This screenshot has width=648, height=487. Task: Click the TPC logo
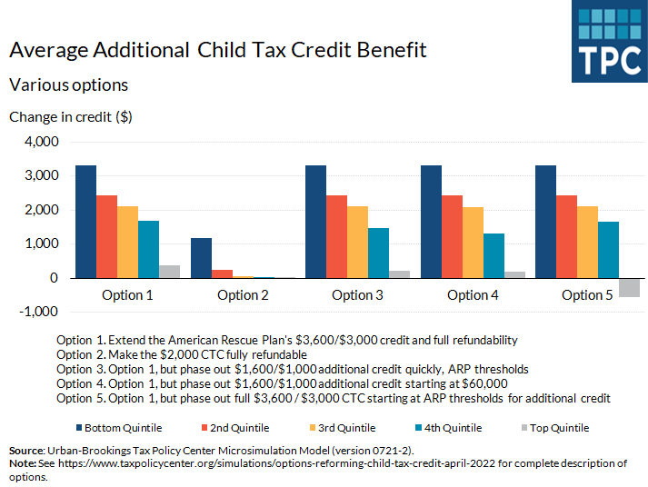(610, 42)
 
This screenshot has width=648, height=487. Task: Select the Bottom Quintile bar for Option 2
(201, 258)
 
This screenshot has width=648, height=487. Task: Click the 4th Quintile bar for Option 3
(378, 253)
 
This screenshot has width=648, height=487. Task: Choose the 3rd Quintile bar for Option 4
(473, 243)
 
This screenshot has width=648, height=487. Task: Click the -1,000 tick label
(37, 312)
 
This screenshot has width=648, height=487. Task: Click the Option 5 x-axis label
(582, 295)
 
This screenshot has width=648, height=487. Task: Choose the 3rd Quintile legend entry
(342, 428)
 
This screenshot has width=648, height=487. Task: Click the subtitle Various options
(68, 84)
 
